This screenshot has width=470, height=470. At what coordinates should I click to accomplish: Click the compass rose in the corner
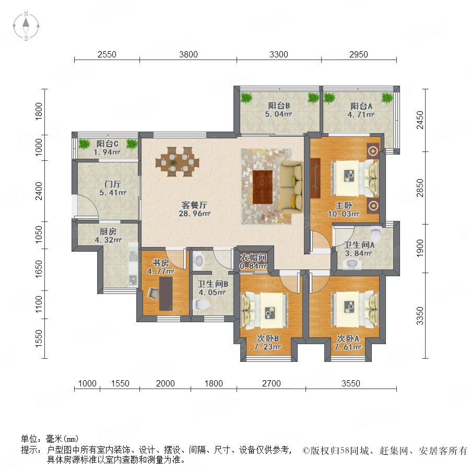click(26, 26)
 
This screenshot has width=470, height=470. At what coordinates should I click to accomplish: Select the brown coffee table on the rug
click(263, 187)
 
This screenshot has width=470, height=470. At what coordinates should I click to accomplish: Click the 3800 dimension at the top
click(188, 54)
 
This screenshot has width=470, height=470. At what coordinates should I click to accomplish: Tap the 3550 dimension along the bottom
click(351, 383)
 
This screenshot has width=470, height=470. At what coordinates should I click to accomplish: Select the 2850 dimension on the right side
click(420, 188)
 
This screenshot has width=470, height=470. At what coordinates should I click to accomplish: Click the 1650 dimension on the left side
click(39, 269)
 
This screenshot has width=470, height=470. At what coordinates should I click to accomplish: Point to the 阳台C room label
click(107, 144)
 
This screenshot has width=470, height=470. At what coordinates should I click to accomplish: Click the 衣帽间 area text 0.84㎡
click(253, 266)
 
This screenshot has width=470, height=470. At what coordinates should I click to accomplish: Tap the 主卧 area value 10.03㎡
click(344, 214)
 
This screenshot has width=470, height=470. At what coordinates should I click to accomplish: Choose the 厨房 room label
click(108, 231)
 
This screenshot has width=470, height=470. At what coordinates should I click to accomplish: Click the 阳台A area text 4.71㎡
click(361, 114)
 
